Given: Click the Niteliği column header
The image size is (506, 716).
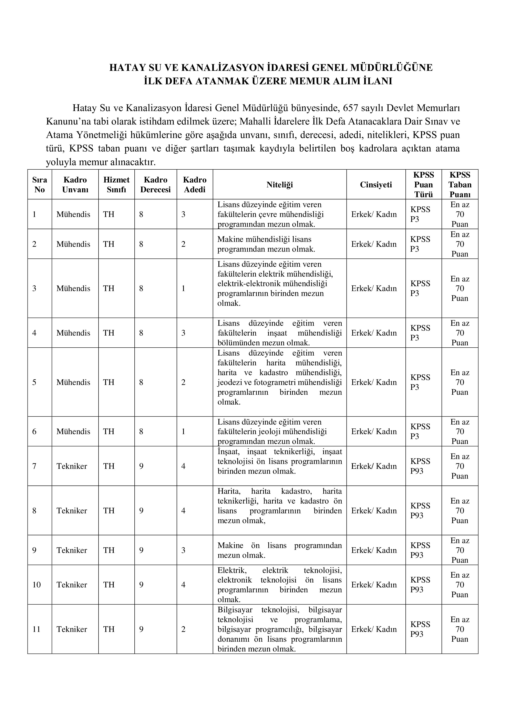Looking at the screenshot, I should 279,185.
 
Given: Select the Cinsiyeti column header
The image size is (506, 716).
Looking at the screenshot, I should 376,185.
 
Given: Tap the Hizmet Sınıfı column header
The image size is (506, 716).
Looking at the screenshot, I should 116,185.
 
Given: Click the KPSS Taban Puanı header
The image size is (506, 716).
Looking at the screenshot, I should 460,185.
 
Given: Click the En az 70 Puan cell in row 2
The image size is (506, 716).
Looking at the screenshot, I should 460,244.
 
